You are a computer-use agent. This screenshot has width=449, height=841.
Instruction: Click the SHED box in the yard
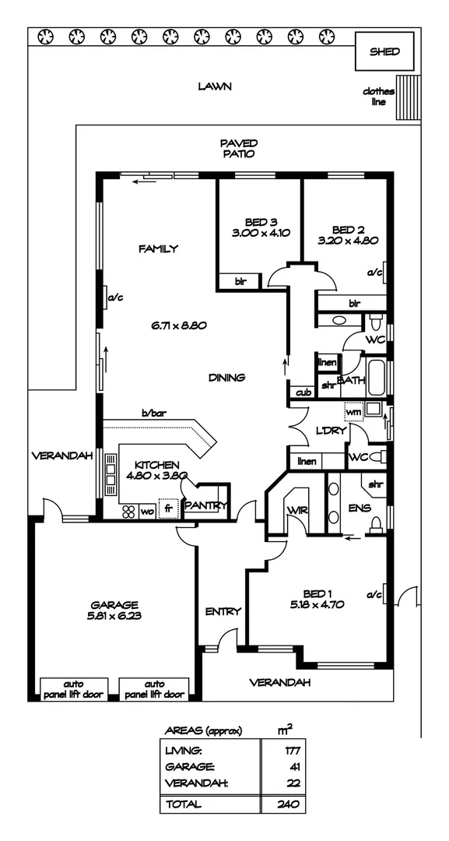[x=384, y=52]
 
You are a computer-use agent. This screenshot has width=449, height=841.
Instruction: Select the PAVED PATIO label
[x=238, y=148]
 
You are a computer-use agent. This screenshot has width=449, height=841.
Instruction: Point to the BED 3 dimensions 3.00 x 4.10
[x=260, y=232]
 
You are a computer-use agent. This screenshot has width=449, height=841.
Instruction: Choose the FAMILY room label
[x=158, y=249]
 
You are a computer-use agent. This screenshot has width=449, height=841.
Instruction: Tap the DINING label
[x=226, y=378]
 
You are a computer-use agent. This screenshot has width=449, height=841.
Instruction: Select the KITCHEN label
[x=156, y=463]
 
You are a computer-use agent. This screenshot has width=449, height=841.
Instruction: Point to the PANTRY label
[x=205, y=506]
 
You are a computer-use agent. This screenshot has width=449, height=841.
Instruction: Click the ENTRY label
[x=223, y=611]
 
